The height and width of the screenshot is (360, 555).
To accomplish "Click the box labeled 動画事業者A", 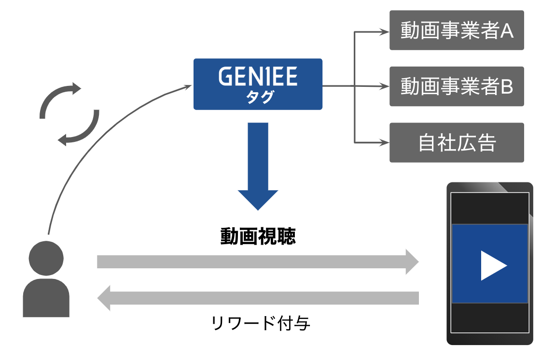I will pyautogui.click(x=457, y=30).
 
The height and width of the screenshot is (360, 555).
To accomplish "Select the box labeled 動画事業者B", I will pyautogui.click(x=457, y=87).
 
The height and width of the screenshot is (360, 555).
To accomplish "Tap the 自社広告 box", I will pyautogui.click(x=457, y=143).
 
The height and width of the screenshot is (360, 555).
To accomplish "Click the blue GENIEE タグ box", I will pyautogui.click(x=258, y=84).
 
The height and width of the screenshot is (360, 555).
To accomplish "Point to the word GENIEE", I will pyautogui.click(x=258, y=76).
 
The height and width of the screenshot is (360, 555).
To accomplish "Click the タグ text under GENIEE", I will pyautogui.click(x=258, y=97).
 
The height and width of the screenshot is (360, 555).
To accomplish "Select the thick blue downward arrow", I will pyautogui.click(x=258, y=164).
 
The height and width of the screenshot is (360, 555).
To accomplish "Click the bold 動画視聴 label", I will pyautogui.click(x=258, y=237).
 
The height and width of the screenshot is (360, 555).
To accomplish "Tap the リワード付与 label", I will pyautogui.click(x=261, y=323).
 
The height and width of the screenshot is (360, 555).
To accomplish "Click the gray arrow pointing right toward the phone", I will pyautogui.click(x=258, y=262).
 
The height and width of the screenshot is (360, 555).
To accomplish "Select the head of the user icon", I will pyautogui.click(x=46, y=259).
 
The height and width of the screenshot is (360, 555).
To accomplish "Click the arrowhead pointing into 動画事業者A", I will pyautogui.click(x=385, y=32).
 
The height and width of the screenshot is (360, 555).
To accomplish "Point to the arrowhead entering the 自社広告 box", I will pyautogui.click(x=385, y=143).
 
